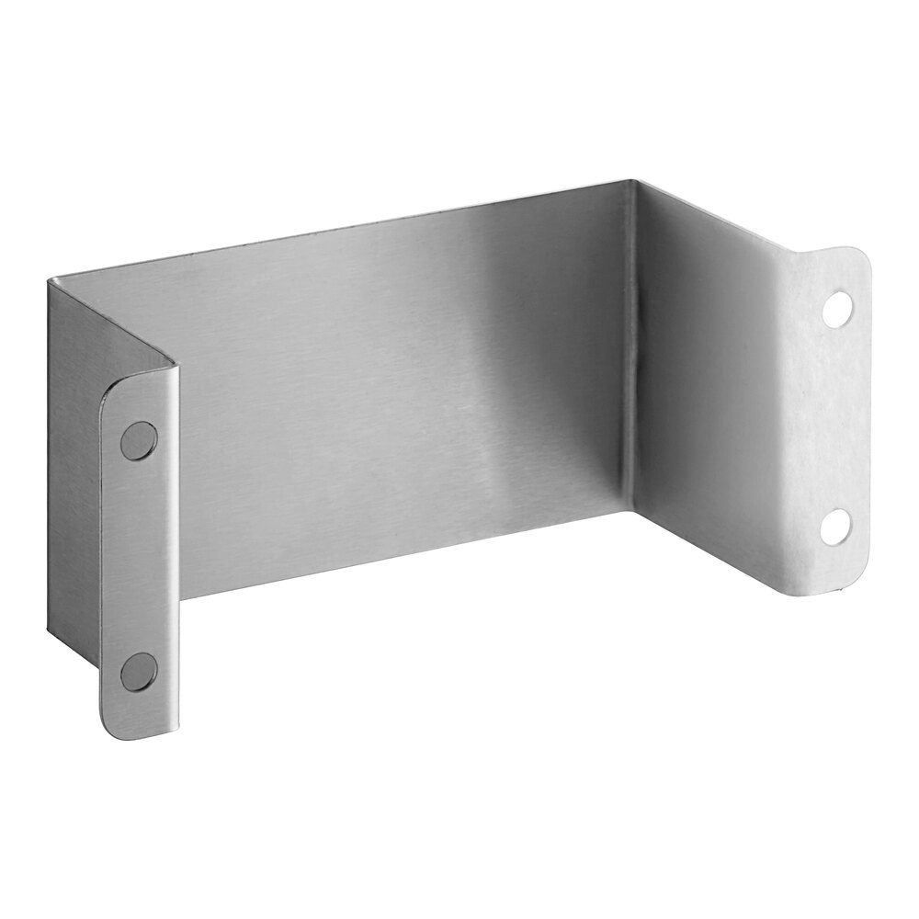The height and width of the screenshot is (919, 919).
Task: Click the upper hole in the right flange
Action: click(837, 308)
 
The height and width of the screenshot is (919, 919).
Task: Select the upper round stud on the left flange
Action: click(139, 440)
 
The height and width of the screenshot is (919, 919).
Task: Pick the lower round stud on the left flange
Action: click(139, 671)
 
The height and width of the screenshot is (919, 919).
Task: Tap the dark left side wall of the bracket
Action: click(74, 459)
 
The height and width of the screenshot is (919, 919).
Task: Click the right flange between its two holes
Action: click(832, 418)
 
